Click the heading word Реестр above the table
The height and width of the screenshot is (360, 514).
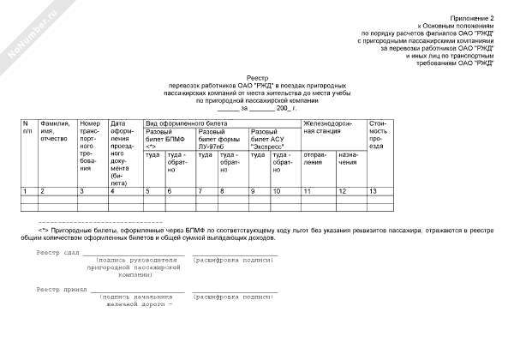(256, 76)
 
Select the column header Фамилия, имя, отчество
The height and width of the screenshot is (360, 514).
(54, 135)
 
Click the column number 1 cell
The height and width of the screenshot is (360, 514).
(26, 189)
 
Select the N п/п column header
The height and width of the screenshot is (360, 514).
(27, 129)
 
